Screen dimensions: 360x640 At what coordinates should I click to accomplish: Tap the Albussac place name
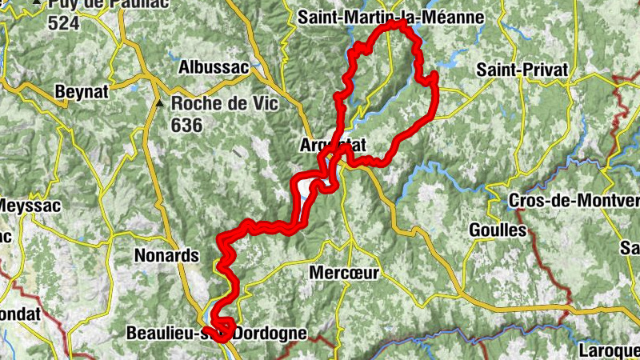coord(214,67)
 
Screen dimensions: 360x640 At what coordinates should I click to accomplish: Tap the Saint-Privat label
coord(522,70)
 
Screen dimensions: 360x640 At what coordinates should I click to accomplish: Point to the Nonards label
coord(166,256)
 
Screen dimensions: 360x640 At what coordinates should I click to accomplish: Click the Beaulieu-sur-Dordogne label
coord(216,333)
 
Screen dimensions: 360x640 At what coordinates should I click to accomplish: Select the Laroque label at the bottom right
coord(613,350)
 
